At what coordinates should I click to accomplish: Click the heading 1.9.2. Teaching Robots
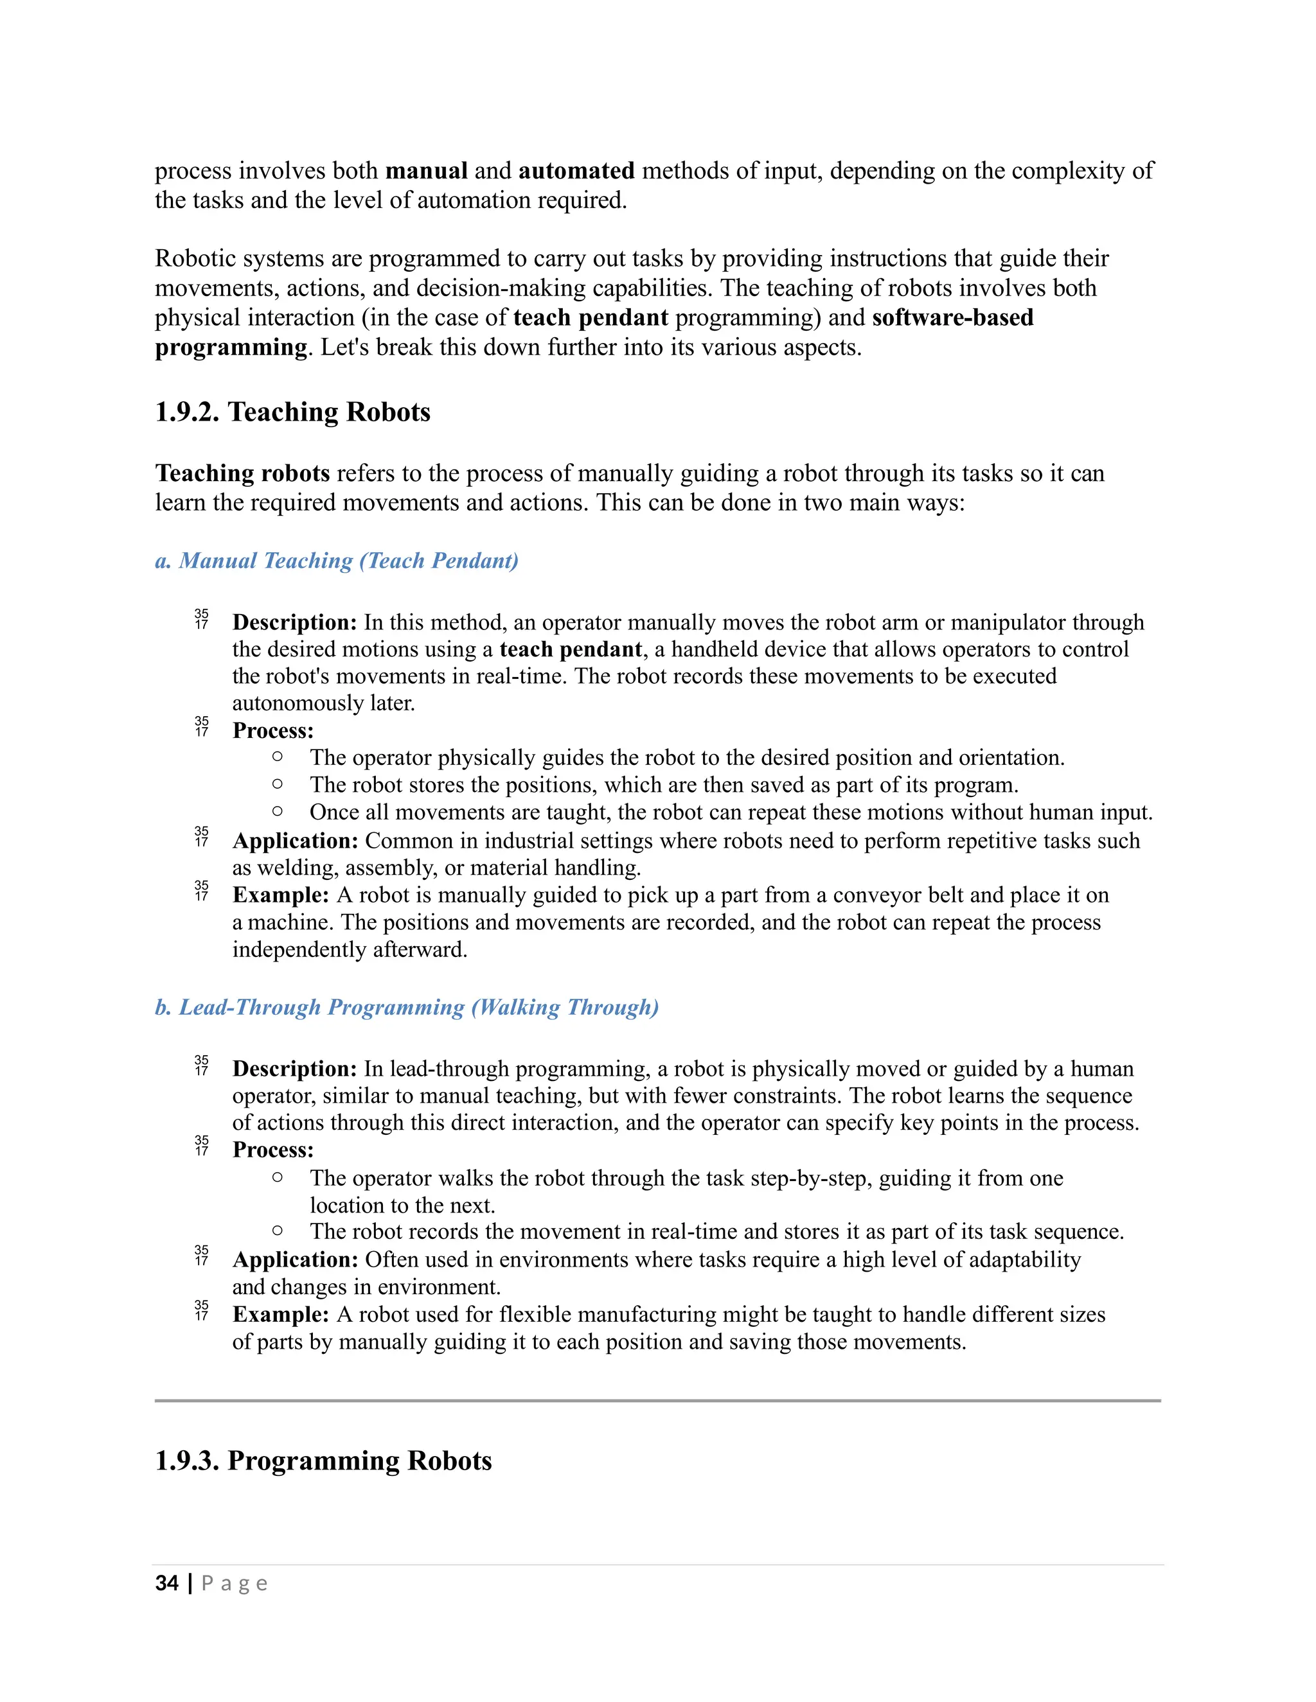[292, 412]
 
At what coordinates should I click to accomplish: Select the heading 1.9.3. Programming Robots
[323, 1460]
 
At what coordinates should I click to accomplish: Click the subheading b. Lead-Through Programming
[406, 1007]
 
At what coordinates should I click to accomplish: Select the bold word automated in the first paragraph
[576, 171]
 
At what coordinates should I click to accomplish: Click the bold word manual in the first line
[427, 171]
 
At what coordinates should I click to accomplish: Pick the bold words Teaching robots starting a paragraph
[242, 473]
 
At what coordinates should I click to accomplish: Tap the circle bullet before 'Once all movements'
[278, 811]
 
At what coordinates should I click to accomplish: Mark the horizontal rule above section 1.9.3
[657, 1400]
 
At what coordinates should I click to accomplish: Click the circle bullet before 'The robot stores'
[278, 784]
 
